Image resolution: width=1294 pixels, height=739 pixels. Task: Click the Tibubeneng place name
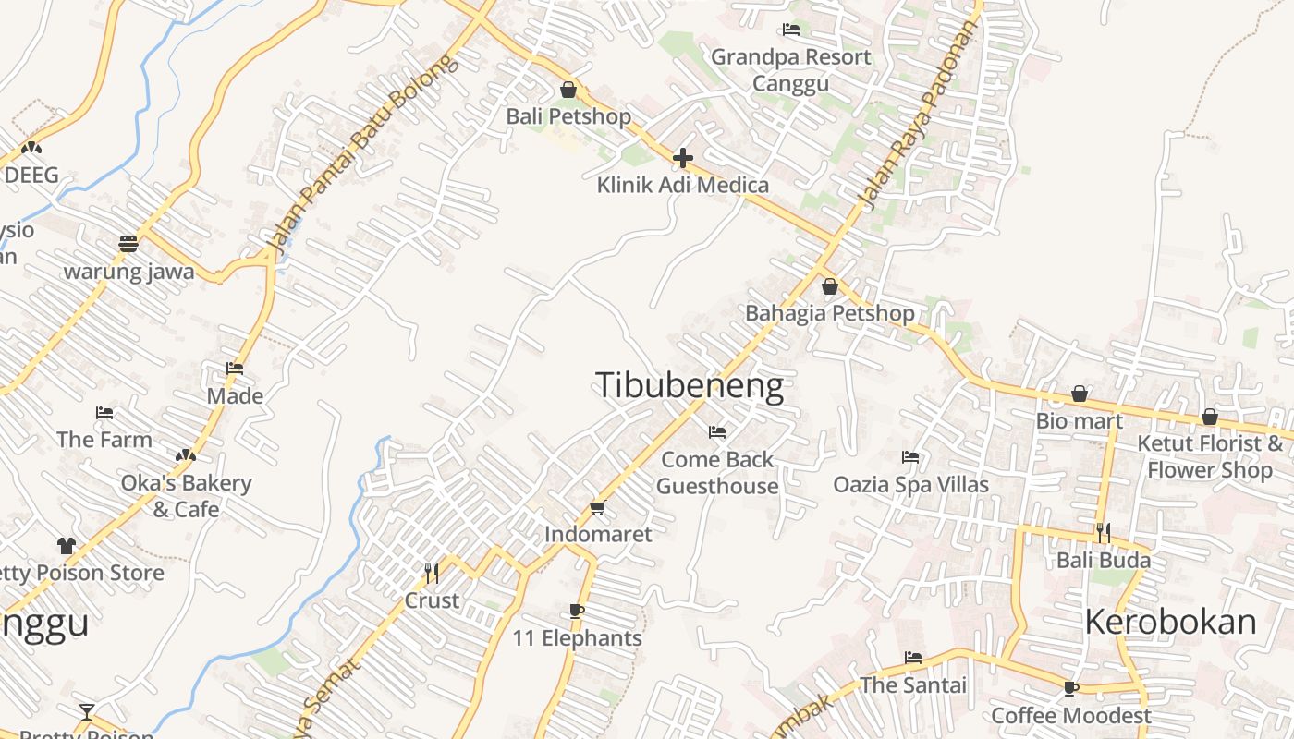(690, 385)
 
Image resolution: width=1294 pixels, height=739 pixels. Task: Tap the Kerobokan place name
(1170, 622)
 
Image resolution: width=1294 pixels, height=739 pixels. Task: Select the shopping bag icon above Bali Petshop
(568, 91)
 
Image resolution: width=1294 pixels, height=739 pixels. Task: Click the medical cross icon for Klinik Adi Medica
(683, 159)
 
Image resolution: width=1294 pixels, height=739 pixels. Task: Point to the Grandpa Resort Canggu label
(790, 70)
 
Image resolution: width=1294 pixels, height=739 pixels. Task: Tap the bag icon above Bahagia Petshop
(830, 286)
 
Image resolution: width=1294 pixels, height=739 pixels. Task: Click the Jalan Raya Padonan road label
(918, 115)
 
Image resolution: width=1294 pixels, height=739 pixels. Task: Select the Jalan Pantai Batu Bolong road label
(361, 154)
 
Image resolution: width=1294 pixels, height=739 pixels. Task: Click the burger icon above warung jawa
(128, 244)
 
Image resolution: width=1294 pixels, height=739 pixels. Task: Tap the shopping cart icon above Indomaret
(597, 507)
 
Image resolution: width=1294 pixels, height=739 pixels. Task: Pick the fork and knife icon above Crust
(432, 574)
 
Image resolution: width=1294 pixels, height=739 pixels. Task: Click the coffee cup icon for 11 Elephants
(577, 611)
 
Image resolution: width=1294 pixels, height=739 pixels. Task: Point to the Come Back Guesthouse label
(717, 472)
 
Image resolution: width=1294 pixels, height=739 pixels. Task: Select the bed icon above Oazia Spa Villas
(910, 456)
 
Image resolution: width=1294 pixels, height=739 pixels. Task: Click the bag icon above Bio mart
(1080, 394)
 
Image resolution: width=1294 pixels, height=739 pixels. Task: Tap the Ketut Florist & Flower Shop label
(1210, 456)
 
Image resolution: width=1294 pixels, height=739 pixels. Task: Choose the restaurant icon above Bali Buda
(1103, 533)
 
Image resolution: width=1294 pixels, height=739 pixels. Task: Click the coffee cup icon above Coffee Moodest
(1071, 688)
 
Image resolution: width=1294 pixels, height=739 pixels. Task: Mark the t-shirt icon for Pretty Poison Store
(66, 546)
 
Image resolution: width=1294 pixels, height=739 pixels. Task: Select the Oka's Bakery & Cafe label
(186, 496)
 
